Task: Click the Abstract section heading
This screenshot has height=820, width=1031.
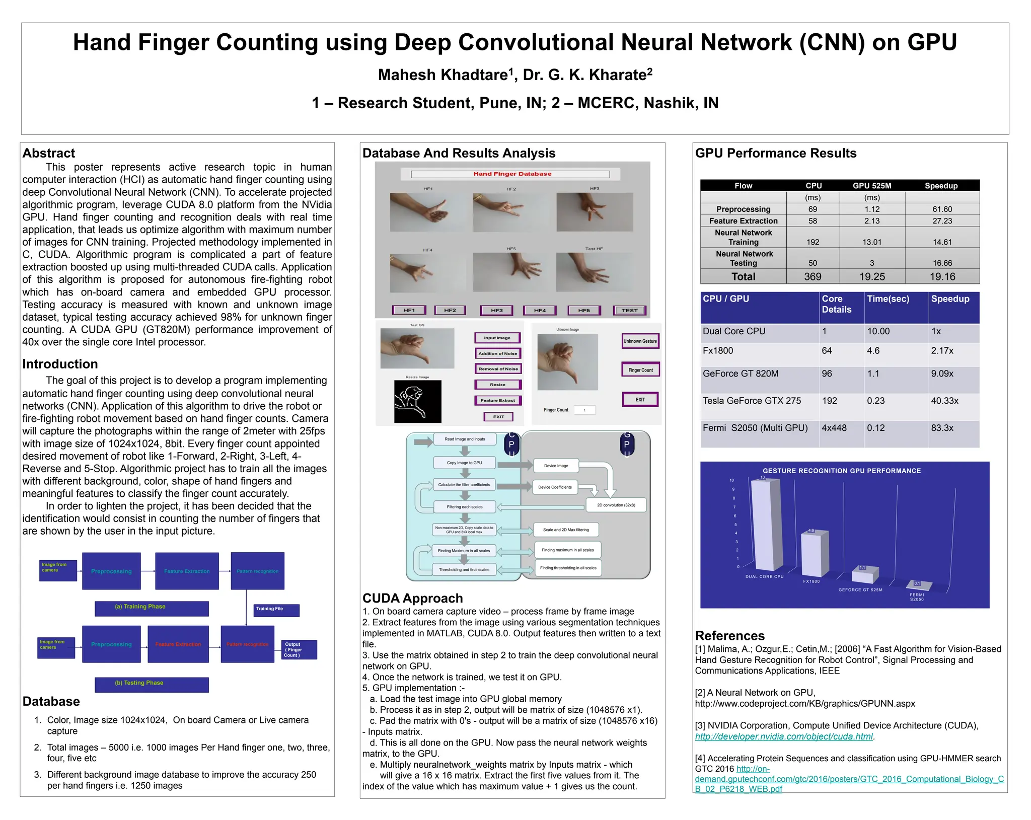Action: pos(48,153)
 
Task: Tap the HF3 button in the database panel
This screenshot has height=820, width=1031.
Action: pos(496,310)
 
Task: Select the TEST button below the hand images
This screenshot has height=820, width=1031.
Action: pos(629,310)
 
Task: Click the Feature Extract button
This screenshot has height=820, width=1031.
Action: pos(497,400)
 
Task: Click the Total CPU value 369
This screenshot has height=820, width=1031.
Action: pos(813,276)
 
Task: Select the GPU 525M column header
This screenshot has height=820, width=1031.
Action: pos(871,186)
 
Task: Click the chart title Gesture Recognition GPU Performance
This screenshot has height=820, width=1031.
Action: pos(842,471)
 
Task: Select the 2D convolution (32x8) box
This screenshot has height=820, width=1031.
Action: pos(616,505)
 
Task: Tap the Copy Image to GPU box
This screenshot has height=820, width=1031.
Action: pos(464,463)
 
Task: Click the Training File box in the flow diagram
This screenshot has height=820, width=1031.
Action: pos(276,610)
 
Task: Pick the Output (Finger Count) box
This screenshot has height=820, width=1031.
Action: pos(299,649)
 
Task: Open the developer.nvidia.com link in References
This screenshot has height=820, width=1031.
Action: pos(784,736)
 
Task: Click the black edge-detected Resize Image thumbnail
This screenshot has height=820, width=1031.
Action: pos(417,401)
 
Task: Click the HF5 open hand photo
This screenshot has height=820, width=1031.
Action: pos(511,272)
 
